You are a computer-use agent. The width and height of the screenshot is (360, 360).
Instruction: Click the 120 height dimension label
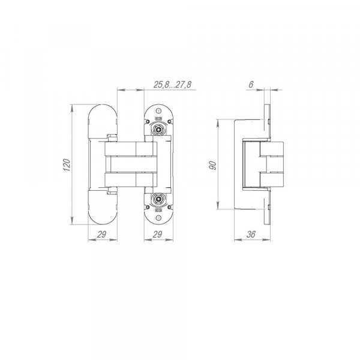point(67,164)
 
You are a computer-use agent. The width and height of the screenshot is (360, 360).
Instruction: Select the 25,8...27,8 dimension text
point(172,85)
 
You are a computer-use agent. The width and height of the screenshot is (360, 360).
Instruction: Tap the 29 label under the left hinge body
point(101,235)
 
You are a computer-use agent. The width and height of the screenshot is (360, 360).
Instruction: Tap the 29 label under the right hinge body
point(157,235)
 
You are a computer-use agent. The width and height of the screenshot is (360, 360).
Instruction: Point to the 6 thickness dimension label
point(251,85)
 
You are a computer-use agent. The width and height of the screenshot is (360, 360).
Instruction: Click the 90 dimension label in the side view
point(213,166)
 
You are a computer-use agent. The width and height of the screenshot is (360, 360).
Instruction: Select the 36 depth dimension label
point(251,235)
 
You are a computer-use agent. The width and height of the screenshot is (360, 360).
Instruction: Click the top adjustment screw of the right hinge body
point(158,130)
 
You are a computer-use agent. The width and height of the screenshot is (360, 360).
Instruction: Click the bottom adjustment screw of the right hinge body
point(158,199)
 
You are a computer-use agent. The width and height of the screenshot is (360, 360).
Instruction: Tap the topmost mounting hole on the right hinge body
point(158,111)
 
